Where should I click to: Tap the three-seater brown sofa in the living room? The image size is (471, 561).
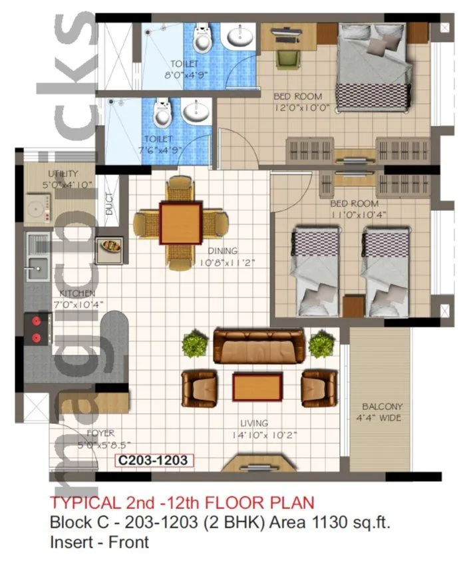259,345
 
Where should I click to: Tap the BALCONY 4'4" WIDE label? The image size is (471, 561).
383,412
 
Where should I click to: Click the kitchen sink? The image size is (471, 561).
35,270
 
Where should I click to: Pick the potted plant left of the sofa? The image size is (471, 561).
194,344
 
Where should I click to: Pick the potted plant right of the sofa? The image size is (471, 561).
321,344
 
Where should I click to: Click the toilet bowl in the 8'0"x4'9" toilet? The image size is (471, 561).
202,41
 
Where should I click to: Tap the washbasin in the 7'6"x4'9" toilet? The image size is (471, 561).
196,113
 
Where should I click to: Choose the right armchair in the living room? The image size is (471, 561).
319,387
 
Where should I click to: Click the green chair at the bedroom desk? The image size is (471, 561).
287,53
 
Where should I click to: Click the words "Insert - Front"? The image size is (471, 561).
99,542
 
